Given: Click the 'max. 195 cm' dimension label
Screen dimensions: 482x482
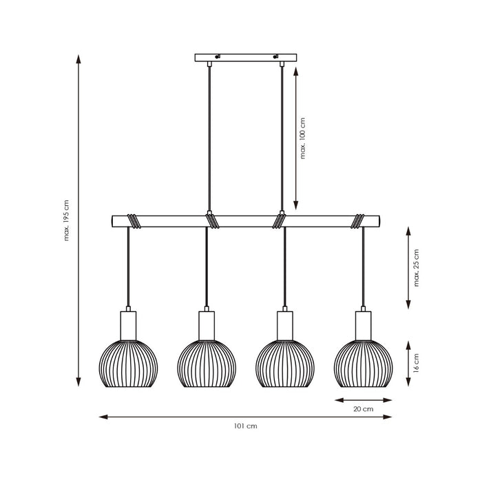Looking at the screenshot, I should click(67, 220).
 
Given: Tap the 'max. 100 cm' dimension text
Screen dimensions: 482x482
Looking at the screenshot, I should click(303, 138).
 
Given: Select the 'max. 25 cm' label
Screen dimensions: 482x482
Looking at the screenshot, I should click(416, 268).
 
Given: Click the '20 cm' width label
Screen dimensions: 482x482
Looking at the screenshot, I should click(363, 409).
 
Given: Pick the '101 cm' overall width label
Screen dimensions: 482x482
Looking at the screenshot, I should click(246, 426).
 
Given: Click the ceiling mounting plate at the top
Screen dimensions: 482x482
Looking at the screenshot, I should click(246, 57).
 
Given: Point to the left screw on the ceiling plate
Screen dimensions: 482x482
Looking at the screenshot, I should click(218, 56).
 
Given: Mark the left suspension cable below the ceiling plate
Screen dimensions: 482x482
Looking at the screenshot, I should click(209, 138).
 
